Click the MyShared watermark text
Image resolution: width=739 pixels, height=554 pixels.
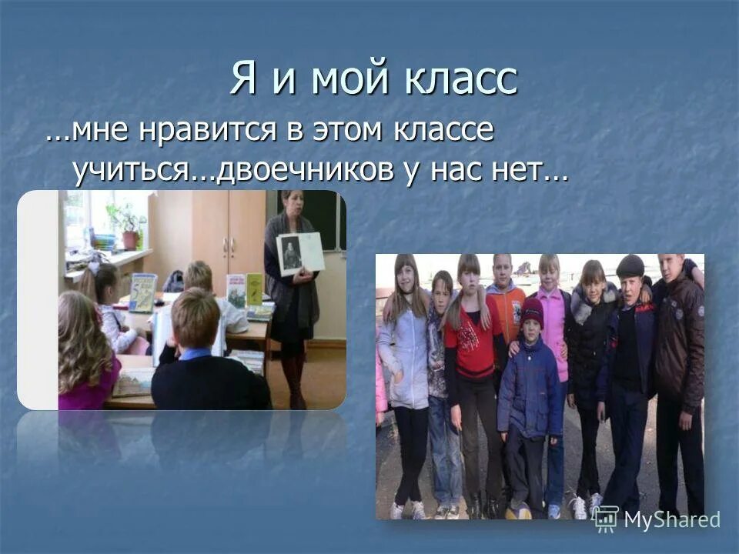coord(671,519)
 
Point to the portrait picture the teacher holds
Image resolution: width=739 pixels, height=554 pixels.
coord(299,252)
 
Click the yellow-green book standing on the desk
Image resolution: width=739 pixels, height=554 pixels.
coord(254,288)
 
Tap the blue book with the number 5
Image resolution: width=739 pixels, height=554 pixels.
coord(142,292)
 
